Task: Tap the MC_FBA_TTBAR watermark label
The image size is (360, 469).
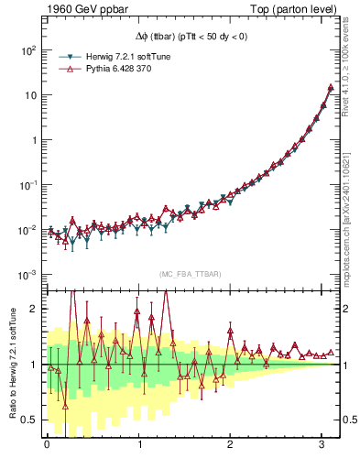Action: pos(190,275)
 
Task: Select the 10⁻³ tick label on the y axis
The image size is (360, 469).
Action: pos(27,275)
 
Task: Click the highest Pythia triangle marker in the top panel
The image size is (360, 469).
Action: pos(331,88)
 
